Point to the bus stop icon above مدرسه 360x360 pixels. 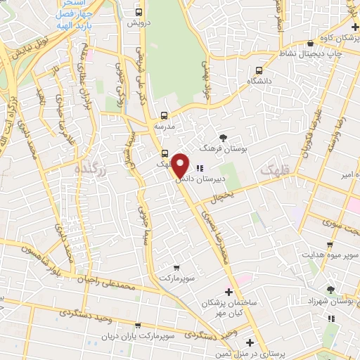(x=164, y=115)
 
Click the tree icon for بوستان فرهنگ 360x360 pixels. (x=224, y=138)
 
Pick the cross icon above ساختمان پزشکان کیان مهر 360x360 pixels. (x=228, y=292)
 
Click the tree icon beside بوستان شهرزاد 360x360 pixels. (x=330, y=289)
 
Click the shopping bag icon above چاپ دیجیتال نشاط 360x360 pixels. (x=300, y=43)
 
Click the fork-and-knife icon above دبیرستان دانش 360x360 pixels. (x=199, y=168)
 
